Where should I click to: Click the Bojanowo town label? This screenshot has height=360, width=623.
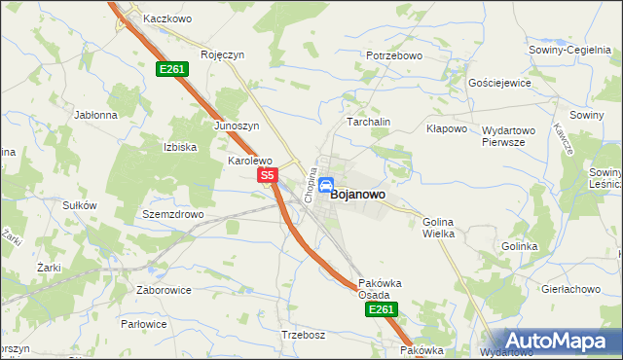coord(357,195)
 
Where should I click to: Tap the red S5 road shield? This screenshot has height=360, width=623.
coord(270,175)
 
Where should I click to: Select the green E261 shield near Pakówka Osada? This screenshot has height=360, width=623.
coord(381,309)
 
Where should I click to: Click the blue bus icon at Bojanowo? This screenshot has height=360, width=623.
coord(327,186)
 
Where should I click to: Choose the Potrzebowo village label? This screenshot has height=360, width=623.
coord(394,56)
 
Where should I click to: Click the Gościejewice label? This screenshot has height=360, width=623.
coord(499,84)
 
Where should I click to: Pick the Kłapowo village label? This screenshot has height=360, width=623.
coord(448,128)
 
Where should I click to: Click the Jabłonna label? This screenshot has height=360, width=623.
coord(95,114)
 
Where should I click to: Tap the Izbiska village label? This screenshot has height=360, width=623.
coord(180,147)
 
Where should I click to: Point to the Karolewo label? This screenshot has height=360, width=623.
coord(249,161)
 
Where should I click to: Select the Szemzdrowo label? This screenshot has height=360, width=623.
coord(172,214)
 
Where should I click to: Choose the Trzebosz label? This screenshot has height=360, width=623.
coord(302,335)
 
